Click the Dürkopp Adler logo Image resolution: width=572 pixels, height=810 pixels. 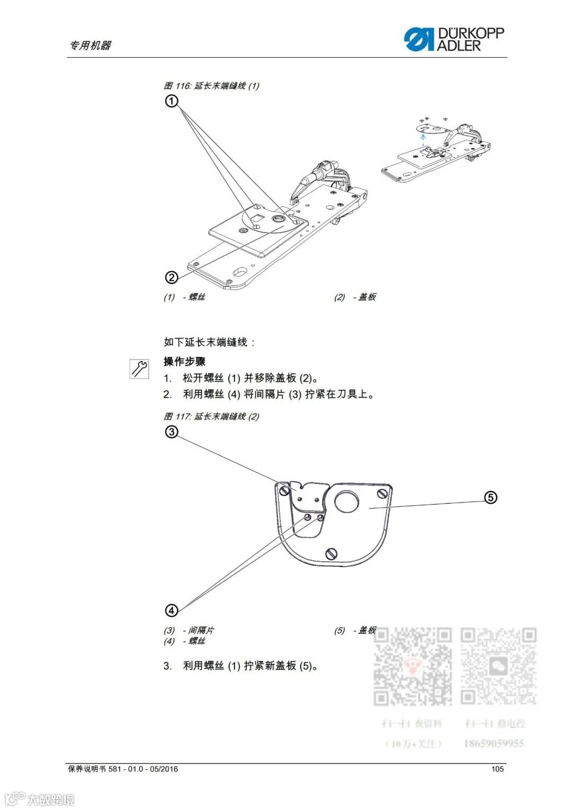[454, 39]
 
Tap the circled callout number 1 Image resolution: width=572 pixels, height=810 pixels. [172, 101]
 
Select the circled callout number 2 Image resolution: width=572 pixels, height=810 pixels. [171, 277]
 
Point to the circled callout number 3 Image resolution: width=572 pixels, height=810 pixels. [171, 432]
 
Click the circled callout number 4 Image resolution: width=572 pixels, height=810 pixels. [172, 611]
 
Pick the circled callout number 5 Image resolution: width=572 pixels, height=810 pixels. [491, 497]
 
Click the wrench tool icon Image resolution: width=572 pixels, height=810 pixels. [139, 368]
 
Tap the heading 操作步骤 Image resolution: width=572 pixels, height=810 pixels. [184, 362]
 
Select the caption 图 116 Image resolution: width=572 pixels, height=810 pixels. [211, 86]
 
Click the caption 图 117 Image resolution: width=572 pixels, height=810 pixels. [211, 417]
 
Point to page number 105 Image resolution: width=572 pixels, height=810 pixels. [497, 769]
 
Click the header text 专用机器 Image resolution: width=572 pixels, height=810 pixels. [90, 46]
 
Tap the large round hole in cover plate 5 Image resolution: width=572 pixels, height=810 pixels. [346, 501]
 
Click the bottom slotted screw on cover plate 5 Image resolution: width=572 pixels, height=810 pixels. [332, 554]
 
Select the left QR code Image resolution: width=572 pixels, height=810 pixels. [413, 666]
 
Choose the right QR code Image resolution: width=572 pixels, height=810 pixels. [498, 666]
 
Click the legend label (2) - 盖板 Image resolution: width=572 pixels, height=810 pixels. [355, 297]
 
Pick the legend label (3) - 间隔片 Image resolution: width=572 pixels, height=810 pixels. [189, 630]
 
